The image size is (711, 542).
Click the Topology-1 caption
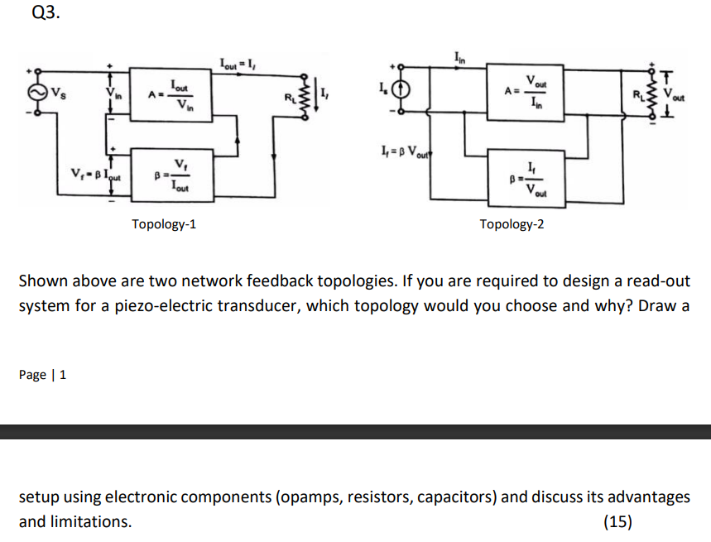point(164,223)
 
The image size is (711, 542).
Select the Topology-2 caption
point(512,223)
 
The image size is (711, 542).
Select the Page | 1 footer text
point(43,375)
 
